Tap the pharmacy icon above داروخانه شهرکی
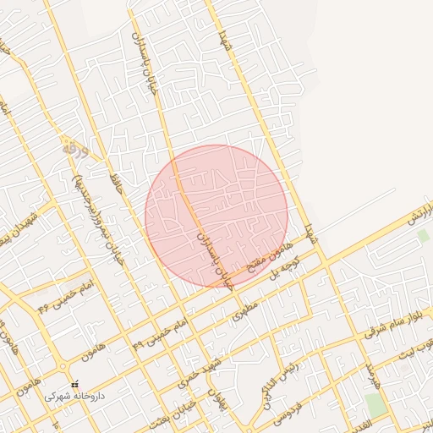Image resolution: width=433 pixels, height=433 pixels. [74, 382]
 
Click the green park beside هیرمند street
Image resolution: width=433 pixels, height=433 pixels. [376, 404]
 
